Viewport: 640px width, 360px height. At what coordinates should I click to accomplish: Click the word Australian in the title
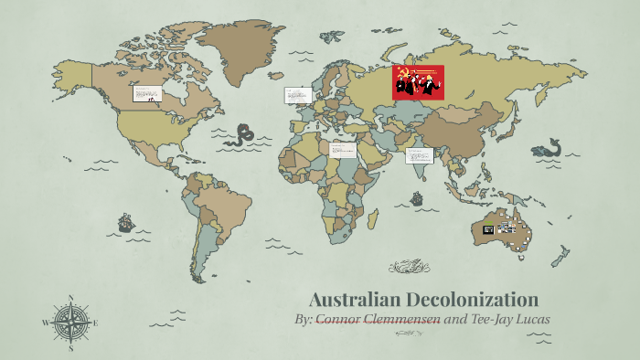click(351, 300)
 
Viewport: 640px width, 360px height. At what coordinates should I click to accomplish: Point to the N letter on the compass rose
click(70, 297)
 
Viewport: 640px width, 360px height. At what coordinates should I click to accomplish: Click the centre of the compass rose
click(70, 323)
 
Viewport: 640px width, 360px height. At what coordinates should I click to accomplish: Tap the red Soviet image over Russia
click(418, 82)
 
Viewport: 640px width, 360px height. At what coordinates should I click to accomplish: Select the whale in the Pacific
click(549, 147)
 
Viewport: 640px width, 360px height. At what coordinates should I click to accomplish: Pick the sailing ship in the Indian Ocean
click(417, 198)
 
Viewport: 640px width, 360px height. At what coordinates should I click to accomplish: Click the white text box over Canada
click(146, 93)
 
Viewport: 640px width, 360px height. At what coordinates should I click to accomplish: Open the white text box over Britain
click(297, 95)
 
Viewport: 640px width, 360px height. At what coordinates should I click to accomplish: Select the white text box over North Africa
click(343, 150)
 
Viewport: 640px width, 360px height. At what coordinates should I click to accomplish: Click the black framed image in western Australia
click(489, 228)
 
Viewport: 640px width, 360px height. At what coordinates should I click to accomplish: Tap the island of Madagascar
click(373, 219)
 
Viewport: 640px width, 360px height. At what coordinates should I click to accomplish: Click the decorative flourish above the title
click(409, 267)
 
